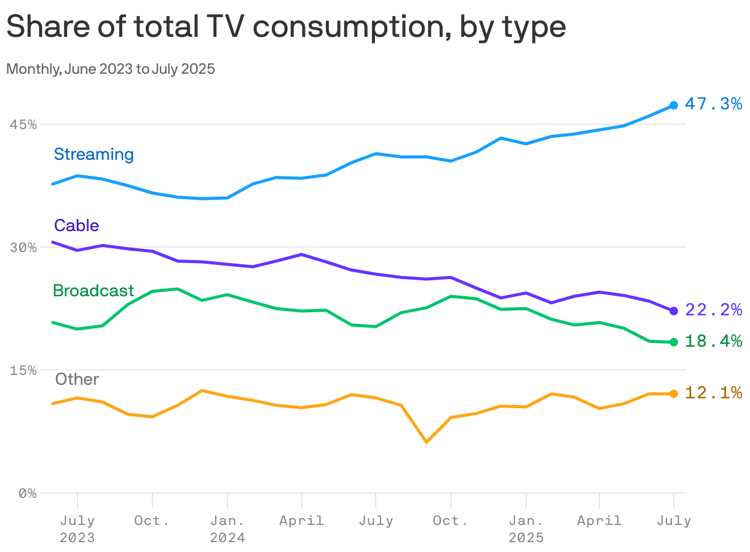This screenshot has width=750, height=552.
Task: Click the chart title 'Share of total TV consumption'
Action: [286, 27]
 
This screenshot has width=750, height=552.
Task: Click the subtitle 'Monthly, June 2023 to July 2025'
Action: [111, 69]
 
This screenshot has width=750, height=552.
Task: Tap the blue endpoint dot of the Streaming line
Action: [674, 105]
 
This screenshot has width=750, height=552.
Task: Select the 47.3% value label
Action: [713, 104]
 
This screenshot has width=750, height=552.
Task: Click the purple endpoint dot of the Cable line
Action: [674, 311]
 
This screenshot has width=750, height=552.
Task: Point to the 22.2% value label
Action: [713, 310]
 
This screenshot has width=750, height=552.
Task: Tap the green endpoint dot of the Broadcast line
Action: [674, 342]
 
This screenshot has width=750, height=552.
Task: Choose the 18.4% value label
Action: [713, 341]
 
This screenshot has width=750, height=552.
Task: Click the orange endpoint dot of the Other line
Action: [674, 393]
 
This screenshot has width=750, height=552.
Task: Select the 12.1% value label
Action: [713, 392]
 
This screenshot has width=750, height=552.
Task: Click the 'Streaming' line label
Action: [93, 154]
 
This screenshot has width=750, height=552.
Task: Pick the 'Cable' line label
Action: [76, 226]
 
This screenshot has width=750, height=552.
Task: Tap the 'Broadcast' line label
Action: [93, 291]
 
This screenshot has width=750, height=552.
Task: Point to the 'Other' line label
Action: [77, 379]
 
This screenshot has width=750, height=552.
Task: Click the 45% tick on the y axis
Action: [22, 124]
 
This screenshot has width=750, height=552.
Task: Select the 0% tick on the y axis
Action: [27, 493]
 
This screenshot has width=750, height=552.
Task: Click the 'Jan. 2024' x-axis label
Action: [227, 529]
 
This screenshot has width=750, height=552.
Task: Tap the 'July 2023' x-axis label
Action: [77, 529]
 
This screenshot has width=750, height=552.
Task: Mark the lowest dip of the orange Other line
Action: [426, 442]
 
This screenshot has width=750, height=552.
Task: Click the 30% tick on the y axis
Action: [22, 247]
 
